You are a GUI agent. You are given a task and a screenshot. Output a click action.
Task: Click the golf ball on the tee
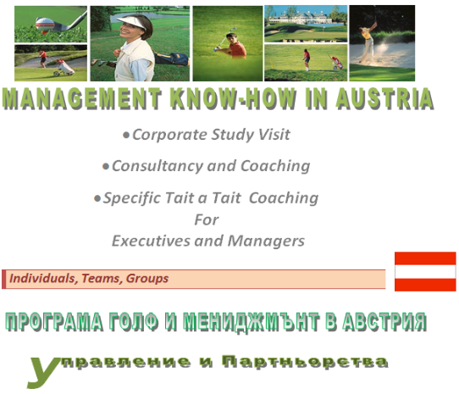(45, 24)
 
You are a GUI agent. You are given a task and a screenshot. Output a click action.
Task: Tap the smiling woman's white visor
(131, 23)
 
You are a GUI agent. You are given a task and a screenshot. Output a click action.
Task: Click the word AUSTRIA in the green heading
(384, 99)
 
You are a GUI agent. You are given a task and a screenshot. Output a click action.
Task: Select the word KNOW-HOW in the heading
(233, 99)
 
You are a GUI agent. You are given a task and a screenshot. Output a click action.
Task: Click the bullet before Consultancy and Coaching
(105, 167)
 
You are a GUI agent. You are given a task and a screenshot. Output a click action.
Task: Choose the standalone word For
(207, 219)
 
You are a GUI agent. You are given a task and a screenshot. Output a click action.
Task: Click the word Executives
(151, 241)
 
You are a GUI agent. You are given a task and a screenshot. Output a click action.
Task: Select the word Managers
(266, 241)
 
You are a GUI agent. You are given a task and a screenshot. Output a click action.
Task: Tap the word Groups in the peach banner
(147, 279)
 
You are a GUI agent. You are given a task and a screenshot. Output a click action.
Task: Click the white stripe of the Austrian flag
(425, 271)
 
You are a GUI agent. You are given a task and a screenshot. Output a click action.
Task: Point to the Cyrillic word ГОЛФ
(134, 321)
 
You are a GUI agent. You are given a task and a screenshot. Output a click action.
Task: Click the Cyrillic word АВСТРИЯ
(384, 321)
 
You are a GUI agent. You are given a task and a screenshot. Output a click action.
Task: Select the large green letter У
(43, 372)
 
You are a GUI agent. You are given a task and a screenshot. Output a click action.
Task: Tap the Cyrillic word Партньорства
(304, 362)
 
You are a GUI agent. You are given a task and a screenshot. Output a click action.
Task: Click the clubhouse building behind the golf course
(301, 18)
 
